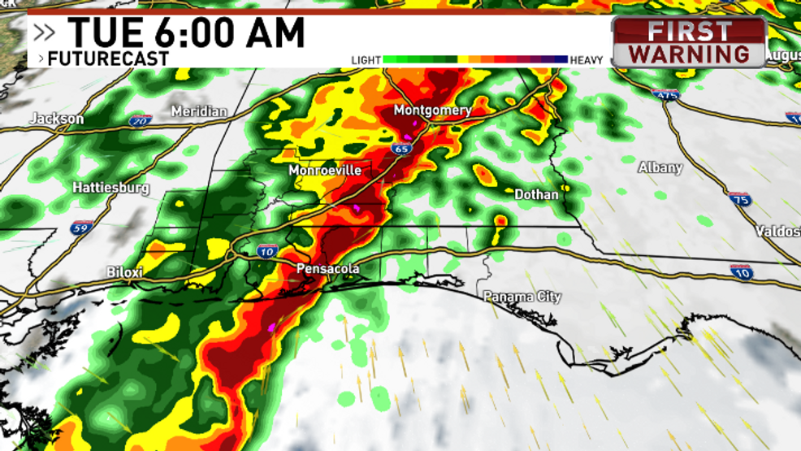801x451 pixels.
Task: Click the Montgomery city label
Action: pos(432,110)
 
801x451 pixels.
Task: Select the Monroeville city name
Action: pos(325,171)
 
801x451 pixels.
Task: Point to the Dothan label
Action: pos(536,194)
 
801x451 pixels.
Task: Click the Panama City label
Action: pos(522,297)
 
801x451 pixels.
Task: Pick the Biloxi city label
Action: pos(125,272)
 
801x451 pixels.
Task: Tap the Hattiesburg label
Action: pos(111,188)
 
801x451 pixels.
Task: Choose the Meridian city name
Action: pos(199,111)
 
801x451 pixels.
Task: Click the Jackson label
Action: pos(57,119)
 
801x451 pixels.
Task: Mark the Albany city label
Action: pos(660,167)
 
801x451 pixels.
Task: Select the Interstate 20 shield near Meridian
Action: pos(141,121)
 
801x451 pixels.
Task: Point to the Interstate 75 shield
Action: pos(739,199)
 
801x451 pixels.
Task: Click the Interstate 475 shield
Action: pos(665,94)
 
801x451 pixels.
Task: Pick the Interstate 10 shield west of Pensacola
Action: pos(267,251)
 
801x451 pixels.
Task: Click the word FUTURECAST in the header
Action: pos(108,59)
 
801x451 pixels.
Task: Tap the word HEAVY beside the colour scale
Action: pos(587,60)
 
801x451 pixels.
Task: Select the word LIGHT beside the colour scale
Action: pos(366,60)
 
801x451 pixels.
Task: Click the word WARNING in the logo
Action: pos(689,54)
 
